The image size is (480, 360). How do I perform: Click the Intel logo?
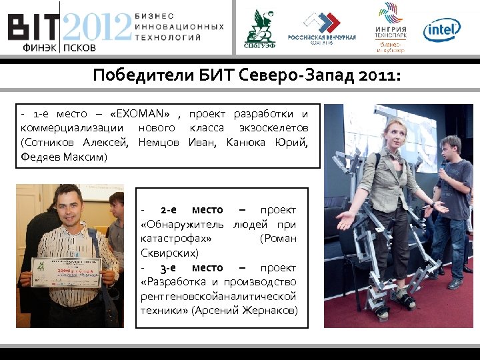click(x=441, y=29)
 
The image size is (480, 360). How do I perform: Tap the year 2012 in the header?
click(x=97, y=27)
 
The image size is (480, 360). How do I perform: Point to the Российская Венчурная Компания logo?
click(x=321, y=29)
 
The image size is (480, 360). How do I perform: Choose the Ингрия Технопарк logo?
click(x=391, y=27)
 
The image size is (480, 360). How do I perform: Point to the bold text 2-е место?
click(x=192, y=209)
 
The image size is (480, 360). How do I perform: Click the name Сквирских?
click(x=169, y=253)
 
